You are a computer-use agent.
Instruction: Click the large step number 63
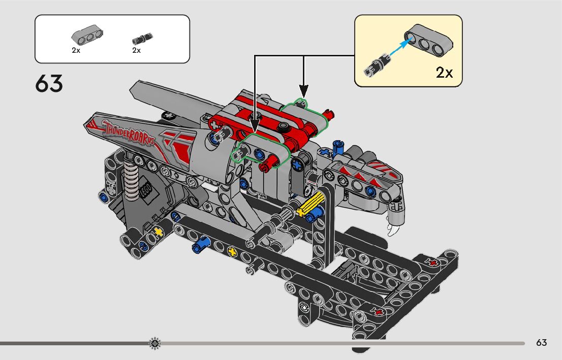tap(49, 83)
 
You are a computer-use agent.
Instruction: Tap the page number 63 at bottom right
tap(541, 343)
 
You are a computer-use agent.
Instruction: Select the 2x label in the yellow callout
tap(444, 73)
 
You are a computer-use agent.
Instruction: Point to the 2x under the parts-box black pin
tap(136, 51)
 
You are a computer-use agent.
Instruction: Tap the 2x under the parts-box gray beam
tap(76, 51)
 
